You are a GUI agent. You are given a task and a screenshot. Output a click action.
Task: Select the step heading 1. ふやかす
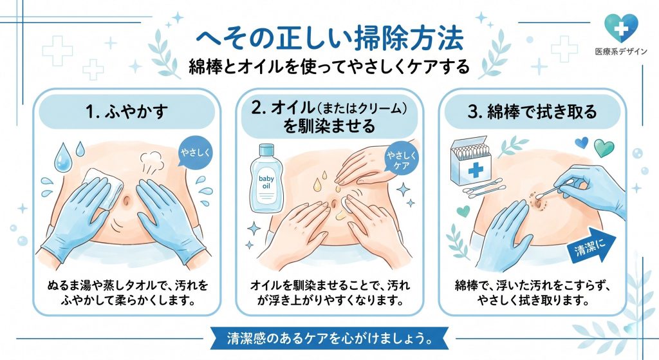[x=129, y=112]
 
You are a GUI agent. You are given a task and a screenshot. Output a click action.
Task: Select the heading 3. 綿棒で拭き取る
[x=531, y=112]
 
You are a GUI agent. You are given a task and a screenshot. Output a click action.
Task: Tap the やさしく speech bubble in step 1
[x=192, y=153]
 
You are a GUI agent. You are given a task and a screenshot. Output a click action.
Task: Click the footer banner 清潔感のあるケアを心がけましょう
[x=329, y=337]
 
